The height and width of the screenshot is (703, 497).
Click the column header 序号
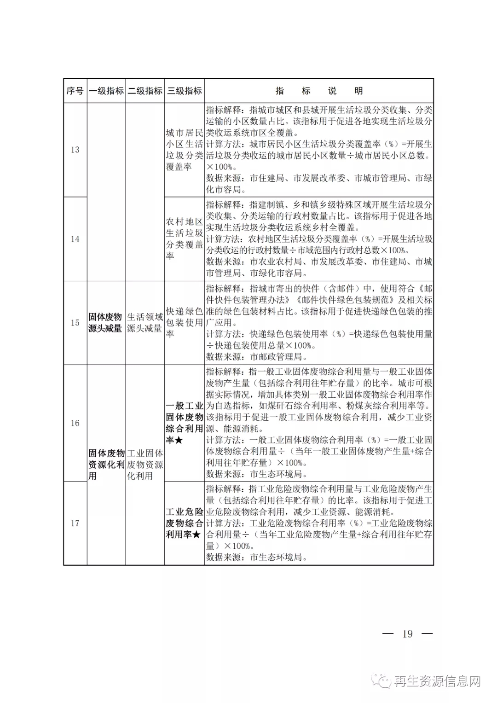75,91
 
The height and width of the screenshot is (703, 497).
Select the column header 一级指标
106,91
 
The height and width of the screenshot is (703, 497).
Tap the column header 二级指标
145,91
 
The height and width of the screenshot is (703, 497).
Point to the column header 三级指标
184,91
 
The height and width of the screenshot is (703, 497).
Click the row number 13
75,150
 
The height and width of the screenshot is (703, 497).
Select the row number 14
75,239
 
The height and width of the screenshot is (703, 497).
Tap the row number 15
75,323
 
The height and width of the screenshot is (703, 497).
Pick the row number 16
75,423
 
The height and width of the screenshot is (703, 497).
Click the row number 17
75,523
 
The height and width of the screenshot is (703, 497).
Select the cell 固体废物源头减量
105,323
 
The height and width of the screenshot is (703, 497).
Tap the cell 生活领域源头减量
145,323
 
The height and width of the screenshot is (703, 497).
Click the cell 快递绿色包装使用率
184,323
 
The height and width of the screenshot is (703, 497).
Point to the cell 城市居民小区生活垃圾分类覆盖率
184,150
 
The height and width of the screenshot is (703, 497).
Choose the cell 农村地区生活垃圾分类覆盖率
184,239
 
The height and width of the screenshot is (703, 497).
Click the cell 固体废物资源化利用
106,465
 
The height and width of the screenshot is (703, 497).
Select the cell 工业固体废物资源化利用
145,465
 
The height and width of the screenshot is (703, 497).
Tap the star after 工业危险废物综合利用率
196,535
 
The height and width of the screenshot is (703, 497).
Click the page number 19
407,634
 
